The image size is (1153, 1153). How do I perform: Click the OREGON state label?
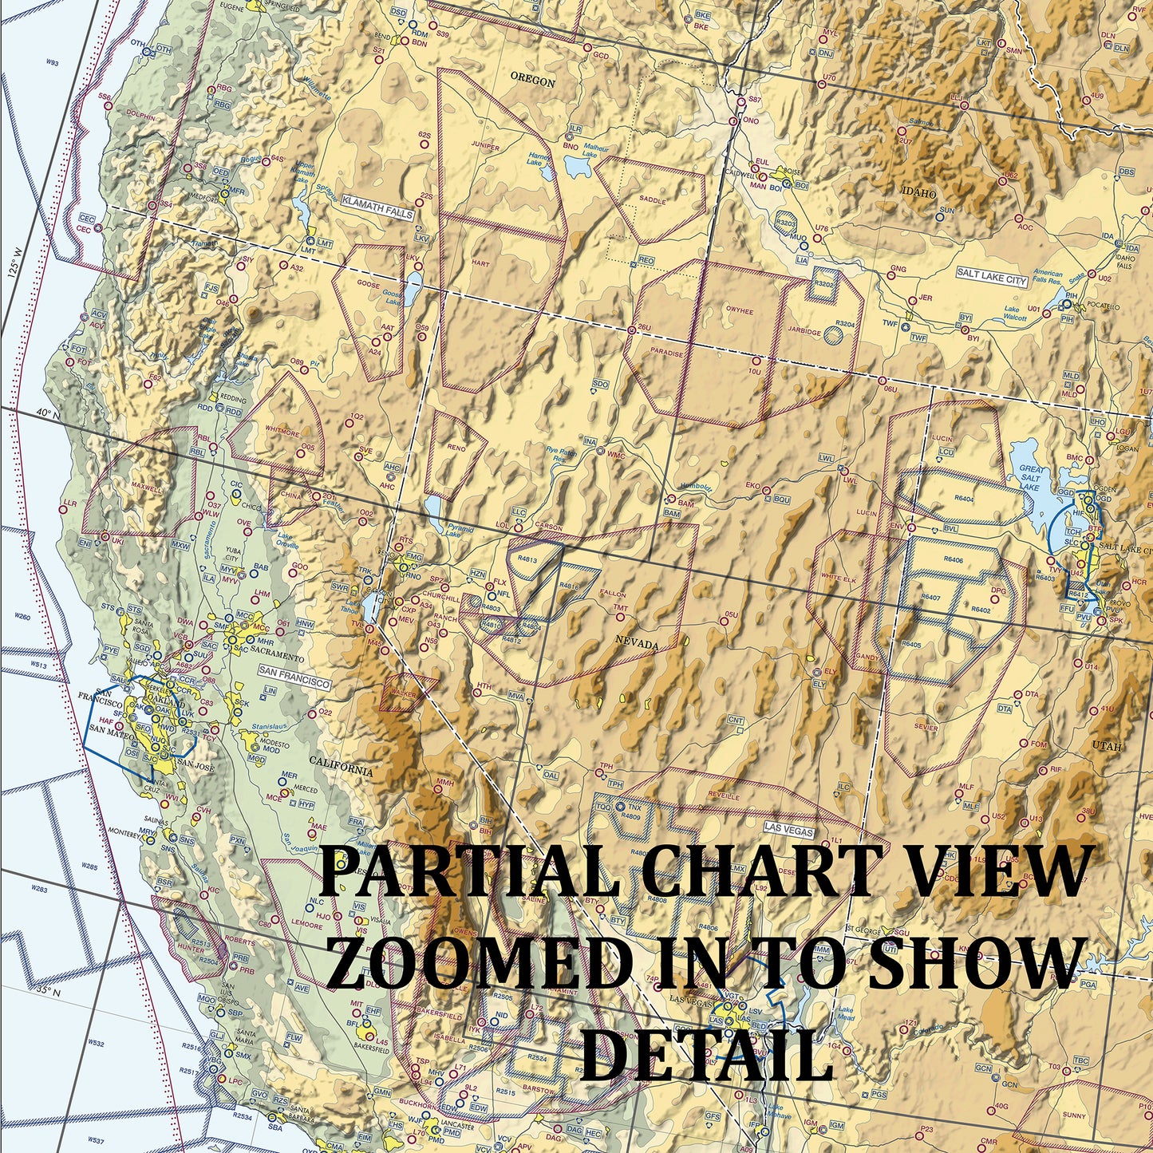pos(532,82)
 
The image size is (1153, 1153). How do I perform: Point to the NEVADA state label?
pos(638,642)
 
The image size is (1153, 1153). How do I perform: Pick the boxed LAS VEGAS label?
pos(788,831)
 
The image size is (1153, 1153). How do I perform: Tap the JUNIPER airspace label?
pos(485,148)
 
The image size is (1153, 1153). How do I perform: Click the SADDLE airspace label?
pos(652,201)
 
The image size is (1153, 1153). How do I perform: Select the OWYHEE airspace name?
pos(739,311)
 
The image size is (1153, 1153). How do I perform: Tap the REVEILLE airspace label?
pos(724,796)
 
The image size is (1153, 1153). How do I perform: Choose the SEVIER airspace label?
pos(926,727)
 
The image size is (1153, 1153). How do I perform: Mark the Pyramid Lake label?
pos(460,531)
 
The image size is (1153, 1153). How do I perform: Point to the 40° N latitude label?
pos(42,414)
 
